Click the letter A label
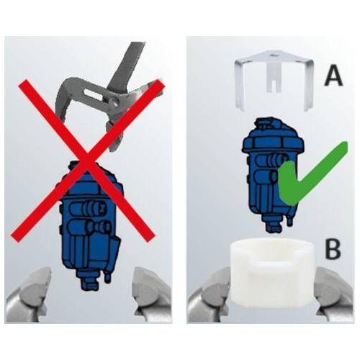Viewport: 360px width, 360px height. [x=333, y=73]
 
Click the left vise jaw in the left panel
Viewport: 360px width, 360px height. [x=26, y=294]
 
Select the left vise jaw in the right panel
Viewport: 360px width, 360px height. [x=204, y=299]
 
